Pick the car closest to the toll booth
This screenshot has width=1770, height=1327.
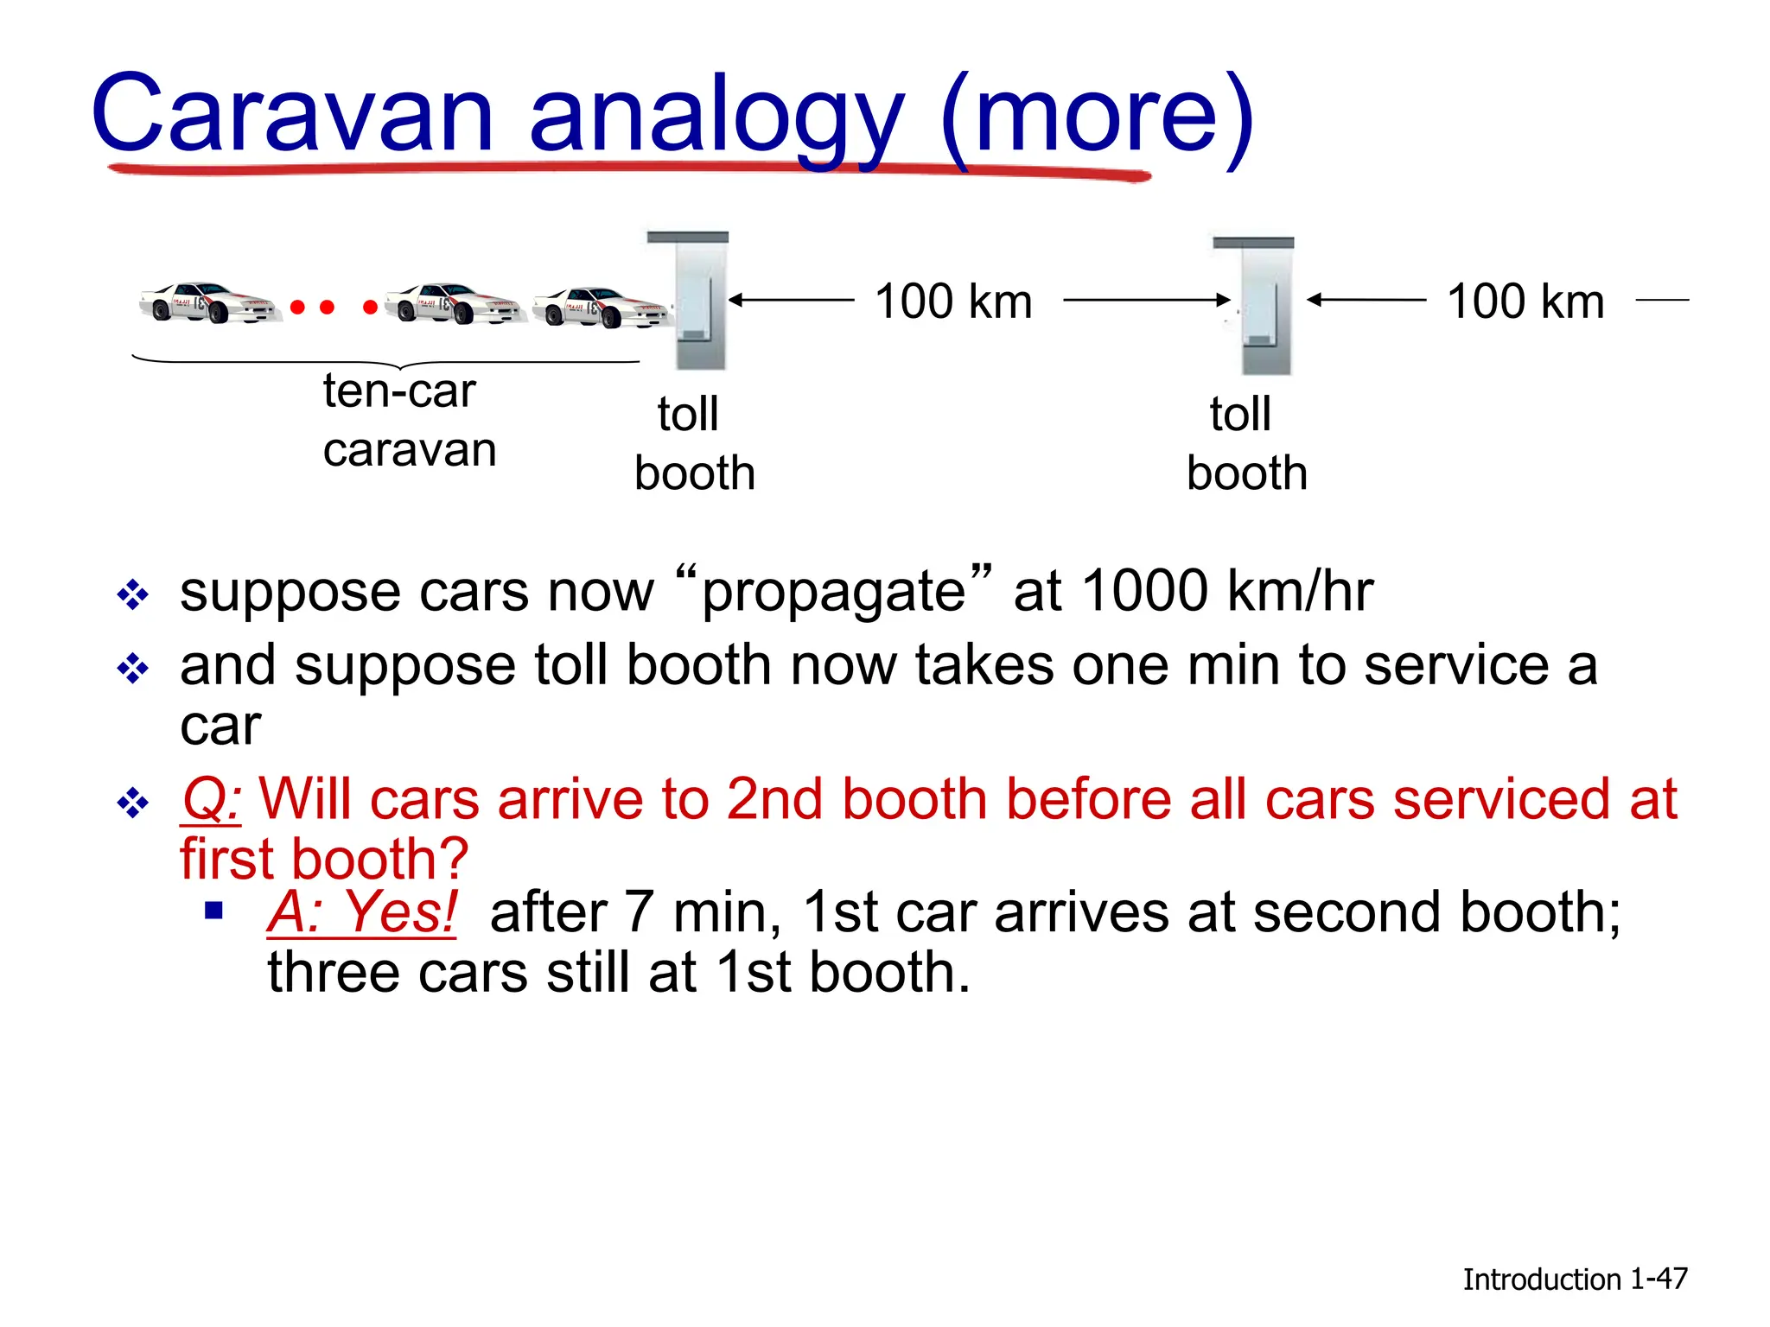601,308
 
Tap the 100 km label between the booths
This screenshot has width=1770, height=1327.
953,302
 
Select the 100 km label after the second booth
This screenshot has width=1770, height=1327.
1525,302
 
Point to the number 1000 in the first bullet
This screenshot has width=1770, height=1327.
1144,591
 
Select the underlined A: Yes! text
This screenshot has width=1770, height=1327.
362,912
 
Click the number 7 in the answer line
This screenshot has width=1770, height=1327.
638,912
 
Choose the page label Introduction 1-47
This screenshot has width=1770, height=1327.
1574,1279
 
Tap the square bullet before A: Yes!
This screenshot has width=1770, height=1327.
214,910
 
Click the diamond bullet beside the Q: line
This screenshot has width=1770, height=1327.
133,803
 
